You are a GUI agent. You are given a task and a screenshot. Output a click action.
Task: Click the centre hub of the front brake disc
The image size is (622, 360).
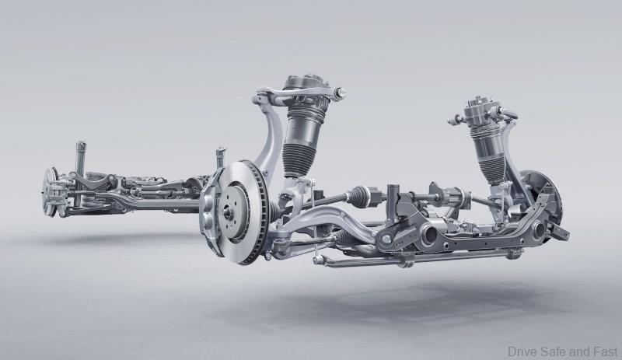[228, 212]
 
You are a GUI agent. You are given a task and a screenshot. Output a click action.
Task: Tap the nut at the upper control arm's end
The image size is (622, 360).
[341, 93]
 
